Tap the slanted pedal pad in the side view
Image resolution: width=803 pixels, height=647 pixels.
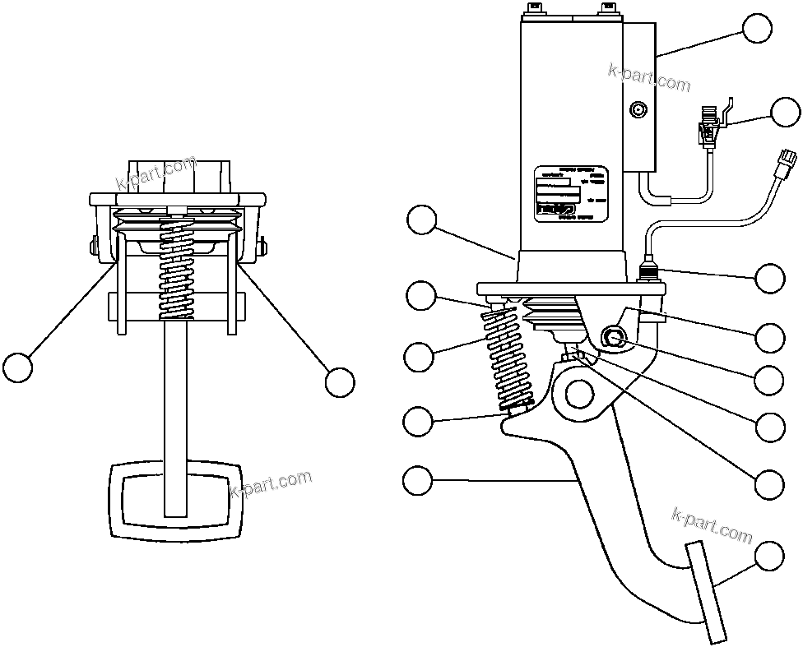click(707, 593)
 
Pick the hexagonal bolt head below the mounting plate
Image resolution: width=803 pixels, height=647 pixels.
click(612, 336)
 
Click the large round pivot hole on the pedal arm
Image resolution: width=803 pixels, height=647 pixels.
click(579, 393)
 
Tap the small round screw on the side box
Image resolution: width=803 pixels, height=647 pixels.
click(638, 109)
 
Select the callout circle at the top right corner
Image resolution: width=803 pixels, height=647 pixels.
click(756, 28)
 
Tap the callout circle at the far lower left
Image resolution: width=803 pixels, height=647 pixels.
click(17, 366)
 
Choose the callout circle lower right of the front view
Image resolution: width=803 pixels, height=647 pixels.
click(339, 382)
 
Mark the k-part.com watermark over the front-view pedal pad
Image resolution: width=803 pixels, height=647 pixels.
click(271, 483)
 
